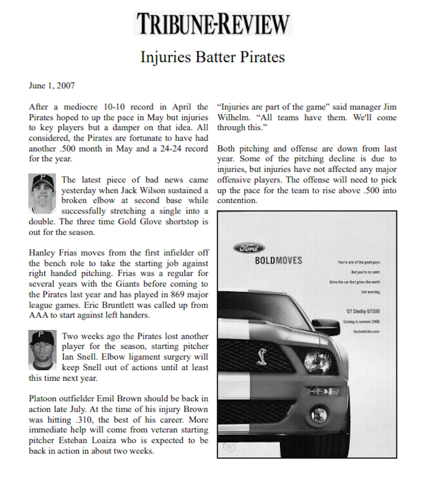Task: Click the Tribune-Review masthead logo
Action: tap(212, 23)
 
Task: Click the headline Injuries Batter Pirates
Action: tap(212, 57)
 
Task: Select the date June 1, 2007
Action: tap(52, 85)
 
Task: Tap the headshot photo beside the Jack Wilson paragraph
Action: tap(42, 194)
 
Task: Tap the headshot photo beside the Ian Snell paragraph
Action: tap(42, 350)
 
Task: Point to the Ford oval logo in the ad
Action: tap(249, 248)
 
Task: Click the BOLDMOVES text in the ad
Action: tap(278, 261)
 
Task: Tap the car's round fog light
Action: tap(319, 414)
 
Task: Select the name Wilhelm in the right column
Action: tap(234, 117)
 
